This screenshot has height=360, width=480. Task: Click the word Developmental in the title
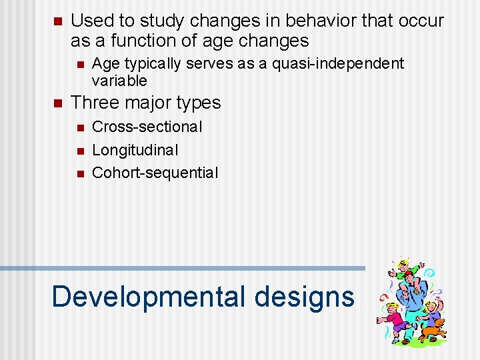tap(149, 296)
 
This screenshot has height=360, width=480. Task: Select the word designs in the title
tap(304, 296)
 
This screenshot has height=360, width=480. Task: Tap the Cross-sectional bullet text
tap(147, 127)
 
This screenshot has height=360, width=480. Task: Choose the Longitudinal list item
tap(135, 149)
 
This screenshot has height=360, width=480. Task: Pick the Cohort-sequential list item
tap(155, 173)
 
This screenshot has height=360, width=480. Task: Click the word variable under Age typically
tap(119, 81)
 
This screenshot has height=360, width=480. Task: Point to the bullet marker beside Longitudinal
tap(79, 150)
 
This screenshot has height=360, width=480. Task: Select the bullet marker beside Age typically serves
tap(79, 64)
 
